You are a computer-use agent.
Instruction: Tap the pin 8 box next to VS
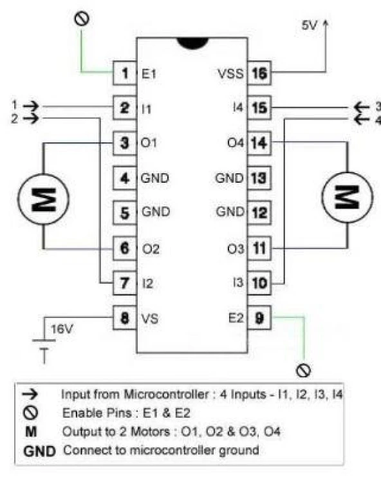pos(124,317)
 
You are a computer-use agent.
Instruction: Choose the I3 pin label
pos(236,283)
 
